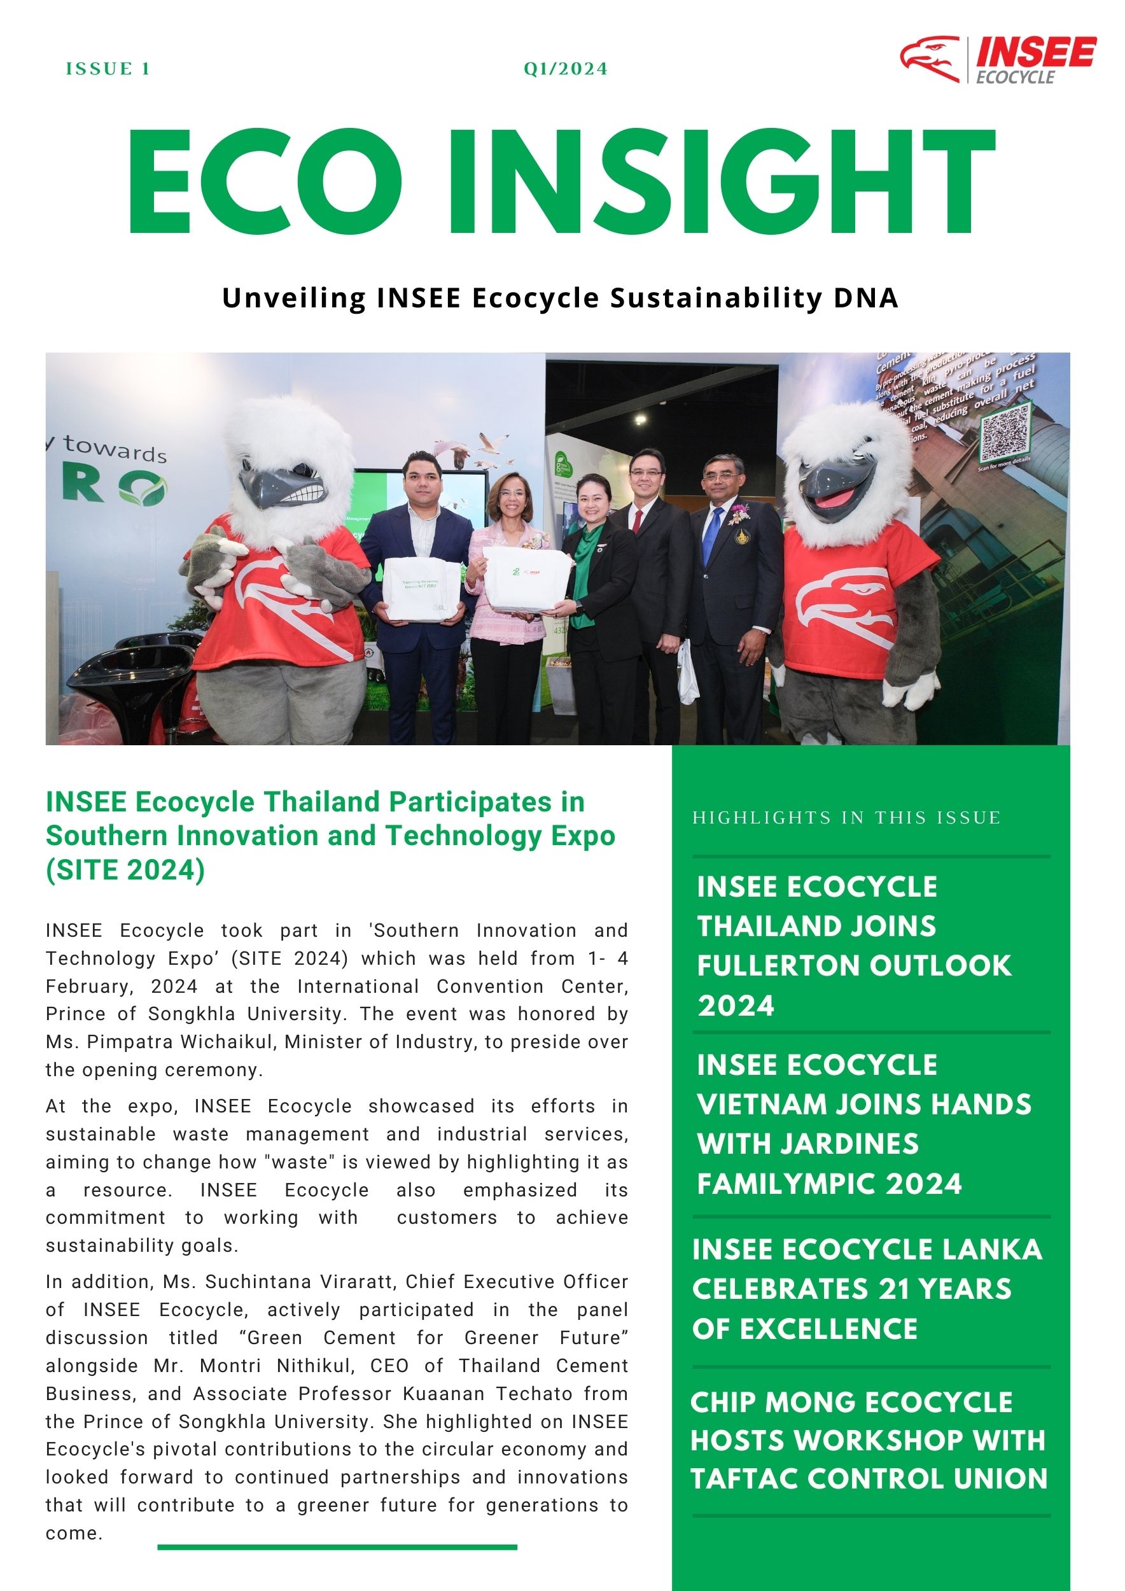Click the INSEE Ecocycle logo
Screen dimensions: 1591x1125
(998, 60)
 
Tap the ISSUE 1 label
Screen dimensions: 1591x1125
(108, 69)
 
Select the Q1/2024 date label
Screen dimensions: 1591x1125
(565, 69)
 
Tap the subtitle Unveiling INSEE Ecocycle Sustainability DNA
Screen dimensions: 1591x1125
(560, 297)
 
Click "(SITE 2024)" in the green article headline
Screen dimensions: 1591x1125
(125, 870)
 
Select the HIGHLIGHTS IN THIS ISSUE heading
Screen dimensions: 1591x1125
(846, 818)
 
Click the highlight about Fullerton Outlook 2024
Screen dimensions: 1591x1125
(853, 945)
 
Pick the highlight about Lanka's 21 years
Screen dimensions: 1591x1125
(867, 1289)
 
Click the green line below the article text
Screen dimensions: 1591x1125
(337, 1546)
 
